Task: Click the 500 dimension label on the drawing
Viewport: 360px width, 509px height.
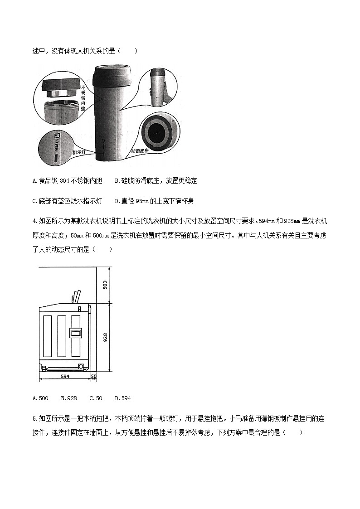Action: click(105, 285)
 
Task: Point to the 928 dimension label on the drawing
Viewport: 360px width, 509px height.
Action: click(105, 338)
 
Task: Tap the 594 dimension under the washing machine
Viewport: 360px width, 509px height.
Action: click(65, 376)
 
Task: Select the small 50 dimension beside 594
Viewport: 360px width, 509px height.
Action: click(94, 376)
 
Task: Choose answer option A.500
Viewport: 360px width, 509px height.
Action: click(41, 398)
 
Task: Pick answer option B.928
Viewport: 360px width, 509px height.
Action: click(69, 398)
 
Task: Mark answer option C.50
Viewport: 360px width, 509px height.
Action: click(96, 398)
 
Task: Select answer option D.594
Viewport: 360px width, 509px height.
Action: click(123, 398)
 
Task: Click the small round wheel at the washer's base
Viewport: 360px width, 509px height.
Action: click(81, 366)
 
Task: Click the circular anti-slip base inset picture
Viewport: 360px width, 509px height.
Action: click(157, 132)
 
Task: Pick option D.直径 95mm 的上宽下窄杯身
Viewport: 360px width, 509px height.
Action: click(154, 201)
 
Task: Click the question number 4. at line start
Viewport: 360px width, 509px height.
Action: click(35, 221)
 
